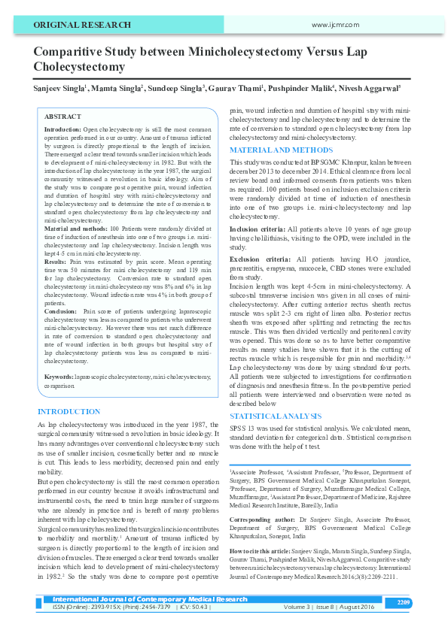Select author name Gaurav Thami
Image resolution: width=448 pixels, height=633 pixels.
click(235, 89)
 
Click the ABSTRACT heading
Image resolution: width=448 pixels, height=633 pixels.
click(63, 117)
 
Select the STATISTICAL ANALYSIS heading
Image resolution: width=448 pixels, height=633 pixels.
click(276, 415)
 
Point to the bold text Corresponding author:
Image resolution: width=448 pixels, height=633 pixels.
click(263, 519)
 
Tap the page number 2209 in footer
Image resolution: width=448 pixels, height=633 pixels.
click(403, 602)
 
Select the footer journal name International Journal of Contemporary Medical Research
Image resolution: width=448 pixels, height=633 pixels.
click(150, 599)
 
